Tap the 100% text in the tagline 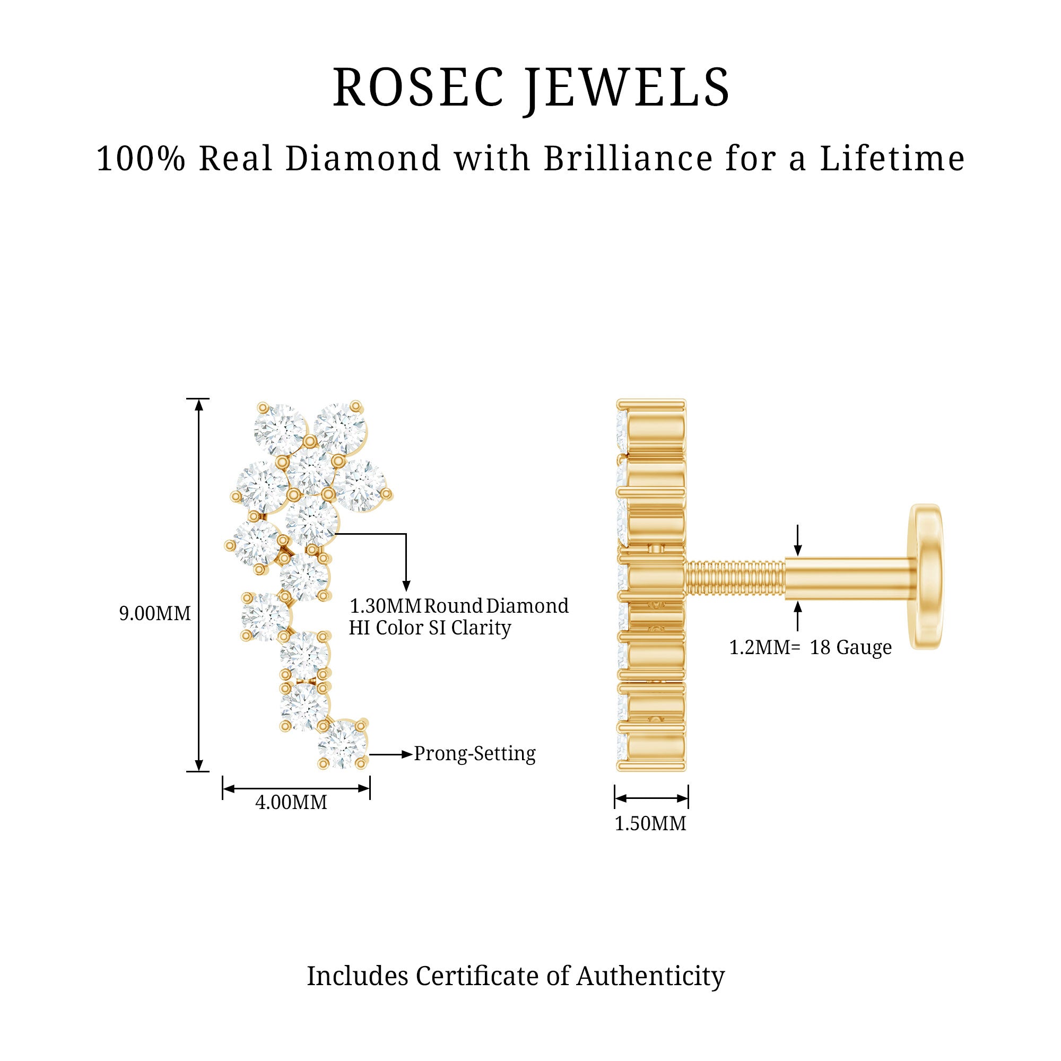(141, 159)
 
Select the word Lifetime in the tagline (892, 159)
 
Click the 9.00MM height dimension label (155, 613)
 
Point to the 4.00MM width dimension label (291, 802)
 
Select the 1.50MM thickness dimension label (650, 824)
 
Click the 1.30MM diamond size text (385, 606)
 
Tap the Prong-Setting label (474, 753)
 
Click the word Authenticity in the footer (650, 976)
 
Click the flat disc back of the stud (926, 577)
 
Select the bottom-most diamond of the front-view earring (343, 744)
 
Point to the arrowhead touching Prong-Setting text (407, 754)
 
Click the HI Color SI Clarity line (430, 628)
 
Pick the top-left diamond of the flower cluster (281, 430)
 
